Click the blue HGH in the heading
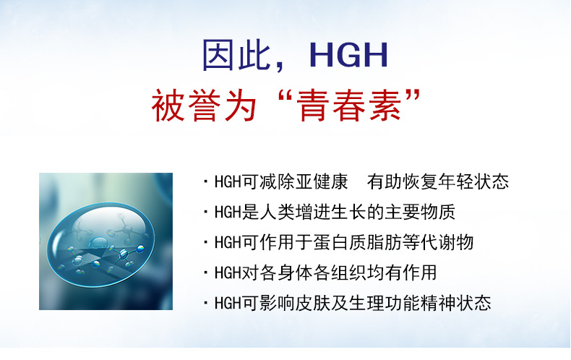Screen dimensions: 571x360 coord(348,55)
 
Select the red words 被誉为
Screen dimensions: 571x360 coord(205,106)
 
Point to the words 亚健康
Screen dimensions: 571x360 coord(322,181)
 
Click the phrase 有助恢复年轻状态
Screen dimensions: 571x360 coord(438,181)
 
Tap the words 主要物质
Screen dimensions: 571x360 coord(420,212)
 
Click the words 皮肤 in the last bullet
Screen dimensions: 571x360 coord(313,303)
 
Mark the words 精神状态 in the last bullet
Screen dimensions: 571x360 coord(455,303)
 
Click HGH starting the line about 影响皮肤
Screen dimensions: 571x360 coord(228,303)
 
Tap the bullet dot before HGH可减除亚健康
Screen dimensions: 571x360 coord(206,181)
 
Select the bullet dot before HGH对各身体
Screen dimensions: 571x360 coord(206,273)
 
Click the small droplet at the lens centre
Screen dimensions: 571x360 coord(98,242)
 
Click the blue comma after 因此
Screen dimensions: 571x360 coord(279,67)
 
